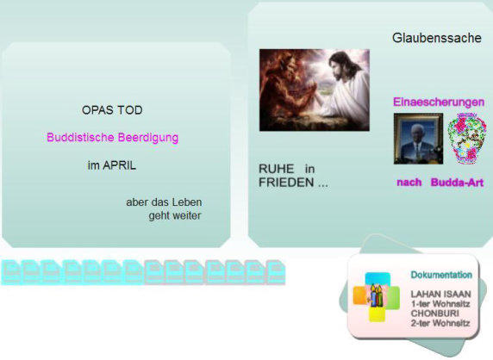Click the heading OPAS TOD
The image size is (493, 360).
coord(112,110)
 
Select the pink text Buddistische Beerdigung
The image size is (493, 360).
coord(113,138)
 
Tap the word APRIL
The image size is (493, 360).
coord(119,165)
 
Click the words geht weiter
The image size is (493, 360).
coord(175,216)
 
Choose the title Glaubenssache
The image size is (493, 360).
coord(437,38)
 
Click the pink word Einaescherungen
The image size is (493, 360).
coord(439,102)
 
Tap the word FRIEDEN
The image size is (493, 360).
coord(286,183)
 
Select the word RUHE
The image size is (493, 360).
coord(276,169)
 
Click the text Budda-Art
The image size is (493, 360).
coord(457,183)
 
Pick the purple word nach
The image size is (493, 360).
coord(409,183)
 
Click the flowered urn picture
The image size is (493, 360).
coord(466,139)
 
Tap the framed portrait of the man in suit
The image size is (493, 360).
coord(418,139)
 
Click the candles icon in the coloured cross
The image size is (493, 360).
coord(377,295)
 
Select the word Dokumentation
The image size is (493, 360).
coord(441,275)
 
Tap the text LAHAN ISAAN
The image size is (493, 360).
coord(440,294)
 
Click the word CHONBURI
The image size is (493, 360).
coord(435,313)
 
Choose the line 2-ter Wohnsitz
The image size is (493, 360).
coord(440,323)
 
